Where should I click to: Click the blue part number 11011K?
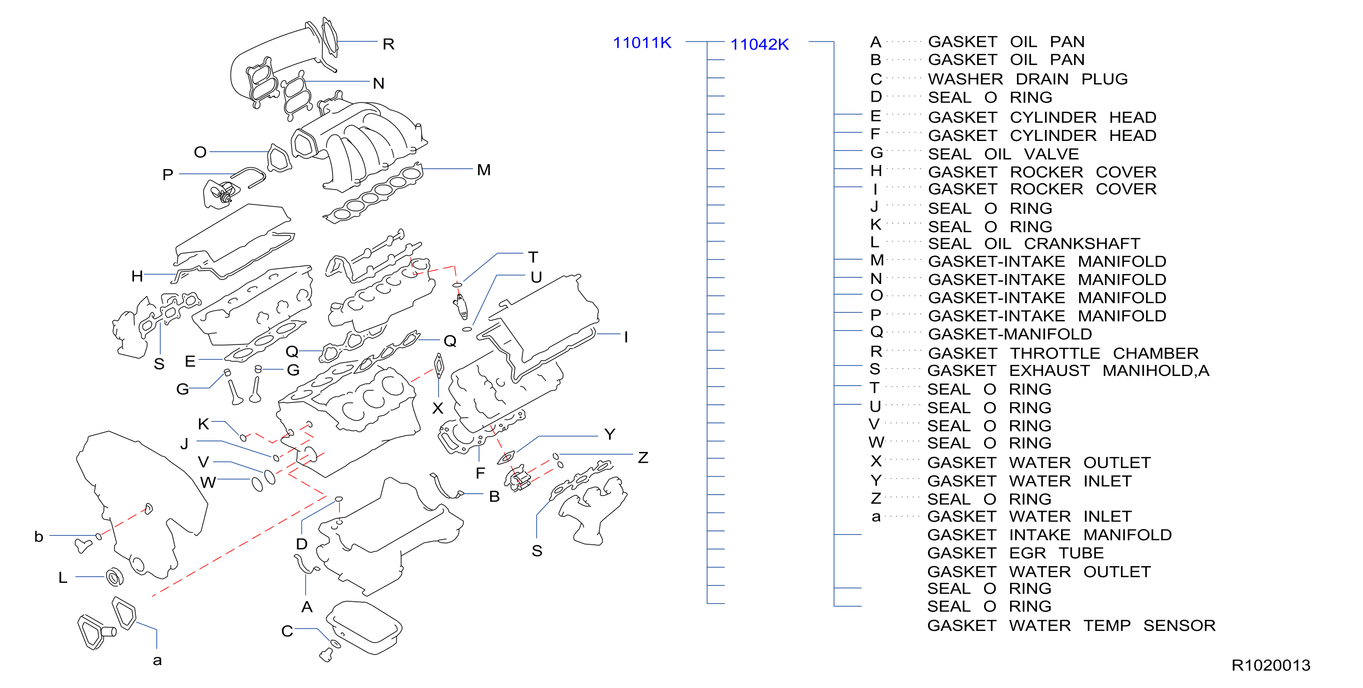click(642, 42)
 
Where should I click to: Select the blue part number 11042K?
click(759, 45)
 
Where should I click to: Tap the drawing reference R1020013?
click(1270, 665)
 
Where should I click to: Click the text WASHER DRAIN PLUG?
click(1028, 79)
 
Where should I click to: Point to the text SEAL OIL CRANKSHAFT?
click(1033, 243)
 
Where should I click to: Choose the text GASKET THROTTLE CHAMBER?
click(1062, 353)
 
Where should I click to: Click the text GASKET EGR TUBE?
click(1015, 553)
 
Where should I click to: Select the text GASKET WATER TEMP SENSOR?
click(1071, 625)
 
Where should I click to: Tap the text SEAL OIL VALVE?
click(1003, 154)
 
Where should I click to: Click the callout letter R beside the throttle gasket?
click(388, 44)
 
